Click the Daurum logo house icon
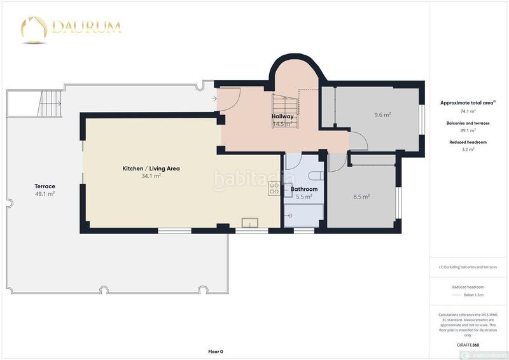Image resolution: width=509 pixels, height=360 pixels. click(34, 29)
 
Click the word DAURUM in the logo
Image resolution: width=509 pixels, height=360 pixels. click(86, 27)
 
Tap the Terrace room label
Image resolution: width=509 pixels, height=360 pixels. click(45, 186)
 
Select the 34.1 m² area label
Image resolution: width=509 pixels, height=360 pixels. click(151, 176)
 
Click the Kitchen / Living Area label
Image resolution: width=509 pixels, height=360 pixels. click(151, 169)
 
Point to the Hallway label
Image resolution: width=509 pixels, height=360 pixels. click(282, 116)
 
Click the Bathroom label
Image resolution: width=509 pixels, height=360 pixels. click(304, 189)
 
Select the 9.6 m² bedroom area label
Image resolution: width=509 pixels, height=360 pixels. click(382, 115)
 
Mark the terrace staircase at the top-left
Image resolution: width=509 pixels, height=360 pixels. click(50, 99)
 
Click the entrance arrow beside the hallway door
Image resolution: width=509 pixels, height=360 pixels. click(214, 98)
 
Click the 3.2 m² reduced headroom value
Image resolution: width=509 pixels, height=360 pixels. click(468, 150)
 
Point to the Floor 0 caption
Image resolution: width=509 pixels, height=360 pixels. click(216, 351)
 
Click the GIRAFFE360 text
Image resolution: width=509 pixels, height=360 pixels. click(468, 343)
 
